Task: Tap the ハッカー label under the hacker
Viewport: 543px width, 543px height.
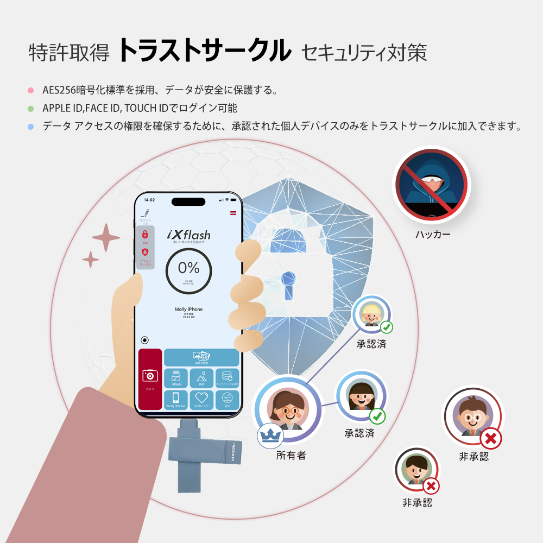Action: click(433, 235)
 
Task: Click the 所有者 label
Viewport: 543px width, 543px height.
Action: click(291, 455)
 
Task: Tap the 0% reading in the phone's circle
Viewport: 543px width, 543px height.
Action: click(188, 268)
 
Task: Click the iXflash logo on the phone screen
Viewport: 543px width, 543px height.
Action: click(188, 235)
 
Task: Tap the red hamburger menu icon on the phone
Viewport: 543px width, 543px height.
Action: click(233, 213)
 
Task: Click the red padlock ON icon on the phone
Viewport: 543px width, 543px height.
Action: click(145, 235)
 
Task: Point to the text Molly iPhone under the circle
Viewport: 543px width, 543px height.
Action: click(188, 309)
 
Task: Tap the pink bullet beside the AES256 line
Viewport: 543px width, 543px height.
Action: click(30, 90)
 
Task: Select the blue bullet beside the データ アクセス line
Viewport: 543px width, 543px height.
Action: click(30, 127)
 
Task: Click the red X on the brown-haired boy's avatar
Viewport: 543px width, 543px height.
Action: click(490, 438)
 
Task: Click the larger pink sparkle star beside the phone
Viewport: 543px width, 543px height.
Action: click(106, 237)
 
